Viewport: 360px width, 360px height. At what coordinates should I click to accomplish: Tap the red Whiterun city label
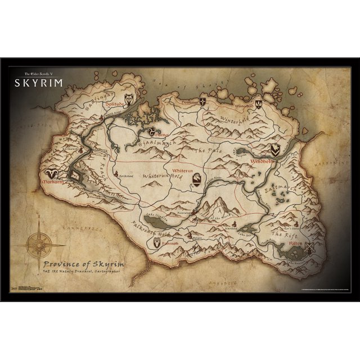tap(195, 169)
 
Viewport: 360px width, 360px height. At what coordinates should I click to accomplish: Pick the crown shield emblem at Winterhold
tap(258, 103)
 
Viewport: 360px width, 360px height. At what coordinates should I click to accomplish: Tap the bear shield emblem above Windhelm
tap(275, 150)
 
